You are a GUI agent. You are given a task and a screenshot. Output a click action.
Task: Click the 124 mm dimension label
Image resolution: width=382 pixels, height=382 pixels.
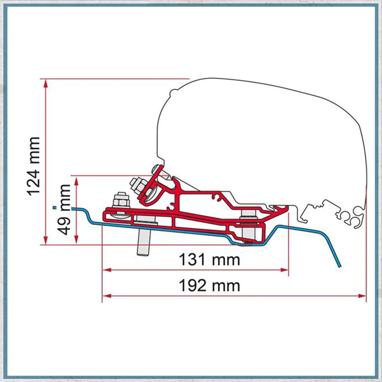tap(33, 167)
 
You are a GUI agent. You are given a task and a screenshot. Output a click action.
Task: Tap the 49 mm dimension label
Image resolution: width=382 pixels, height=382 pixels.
tap(64, 210)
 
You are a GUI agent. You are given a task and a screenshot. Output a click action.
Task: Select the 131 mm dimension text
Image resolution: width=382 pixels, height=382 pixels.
tap(210, 260)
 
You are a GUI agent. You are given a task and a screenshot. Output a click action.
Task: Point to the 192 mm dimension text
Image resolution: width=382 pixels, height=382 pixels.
tap(210, 286)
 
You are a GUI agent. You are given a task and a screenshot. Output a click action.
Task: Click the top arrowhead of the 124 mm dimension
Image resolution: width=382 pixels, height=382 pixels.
tap(46, 83)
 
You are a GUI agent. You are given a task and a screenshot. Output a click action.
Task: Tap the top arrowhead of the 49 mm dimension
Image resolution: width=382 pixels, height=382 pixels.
tap(76, 180)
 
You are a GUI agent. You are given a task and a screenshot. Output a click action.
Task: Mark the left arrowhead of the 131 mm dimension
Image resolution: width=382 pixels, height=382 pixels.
tap(107, 270)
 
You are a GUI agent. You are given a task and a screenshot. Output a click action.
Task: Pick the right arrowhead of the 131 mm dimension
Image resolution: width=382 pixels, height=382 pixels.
tap(284, 270)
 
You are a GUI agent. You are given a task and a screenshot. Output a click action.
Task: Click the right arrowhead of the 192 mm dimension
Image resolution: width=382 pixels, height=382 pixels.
tap(362, 296)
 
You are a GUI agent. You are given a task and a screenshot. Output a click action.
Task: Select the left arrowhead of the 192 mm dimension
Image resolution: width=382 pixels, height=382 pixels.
tap(107, 296)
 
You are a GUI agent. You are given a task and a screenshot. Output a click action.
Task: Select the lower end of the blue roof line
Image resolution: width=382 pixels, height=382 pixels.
tap(339, 266)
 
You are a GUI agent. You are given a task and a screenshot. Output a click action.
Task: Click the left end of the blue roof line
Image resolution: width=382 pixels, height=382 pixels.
tap(72, 209)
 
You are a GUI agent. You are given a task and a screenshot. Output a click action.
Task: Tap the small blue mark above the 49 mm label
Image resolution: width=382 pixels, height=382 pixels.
tap(55, 208)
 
